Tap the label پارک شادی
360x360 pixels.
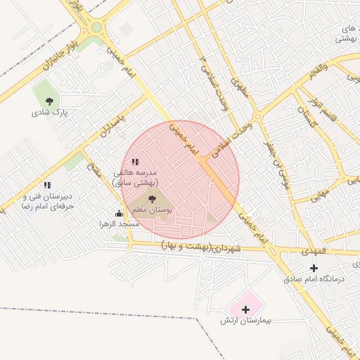coord(49,112)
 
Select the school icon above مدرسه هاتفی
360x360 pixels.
coord(135,162)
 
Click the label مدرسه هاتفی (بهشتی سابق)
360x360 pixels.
coord(138,177)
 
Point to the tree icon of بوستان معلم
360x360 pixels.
coord(153,199)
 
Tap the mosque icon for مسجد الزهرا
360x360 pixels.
coord(119,213)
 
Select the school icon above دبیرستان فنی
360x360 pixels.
coord(46,185)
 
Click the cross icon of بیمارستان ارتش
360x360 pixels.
coord(245,309)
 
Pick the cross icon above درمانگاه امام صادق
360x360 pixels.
coord(314,268)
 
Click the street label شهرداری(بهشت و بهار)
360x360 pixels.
coord(200,247)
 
